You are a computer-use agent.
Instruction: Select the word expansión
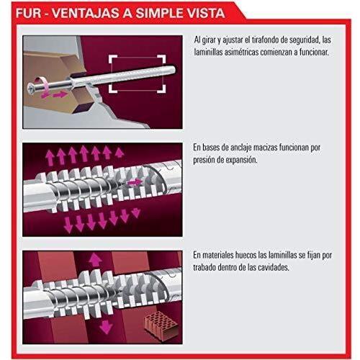(x=243, y=160)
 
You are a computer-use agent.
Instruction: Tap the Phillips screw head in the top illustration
(x=31, y=89)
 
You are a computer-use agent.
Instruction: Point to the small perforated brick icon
(x=161, y=323)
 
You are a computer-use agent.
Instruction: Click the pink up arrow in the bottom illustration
(x=95, y=260)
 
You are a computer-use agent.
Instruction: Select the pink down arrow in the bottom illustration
(x=106, y=327)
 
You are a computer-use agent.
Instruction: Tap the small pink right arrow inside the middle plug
(x=135, y=183)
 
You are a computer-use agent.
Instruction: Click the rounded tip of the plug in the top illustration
(x=174, y=70)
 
